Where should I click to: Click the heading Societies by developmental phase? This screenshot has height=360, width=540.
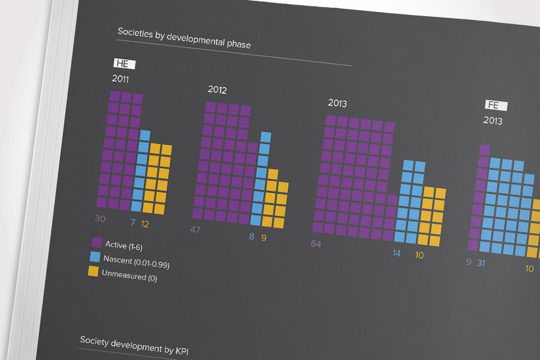click(184, 39)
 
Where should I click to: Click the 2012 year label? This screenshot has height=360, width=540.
click(217, 90)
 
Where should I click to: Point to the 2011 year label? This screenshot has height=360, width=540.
click(120, 79)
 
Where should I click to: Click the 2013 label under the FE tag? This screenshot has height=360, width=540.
click(493, 121)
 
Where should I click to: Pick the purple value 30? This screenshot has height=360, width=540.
click(100, 219)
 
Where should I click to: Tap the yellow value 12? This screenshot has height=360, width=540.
click(145, 224)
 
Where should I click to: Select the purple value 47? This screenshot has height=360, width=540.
click(196, 229)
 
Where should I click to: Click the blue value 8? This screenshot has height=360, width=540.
click(251, 236)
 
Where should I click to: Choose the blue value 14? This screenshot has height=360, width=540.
click(397, 253)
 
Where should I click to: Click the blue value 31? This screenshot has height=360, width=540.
click(481, 263)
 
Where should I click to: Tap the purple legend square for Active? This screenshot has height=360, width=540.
click(96, 242)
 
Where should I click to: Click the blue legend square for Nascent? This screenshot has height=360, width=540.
click(95, 257)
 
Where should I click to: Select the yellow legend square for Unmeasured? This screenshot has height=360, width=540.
click(93, 271)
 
